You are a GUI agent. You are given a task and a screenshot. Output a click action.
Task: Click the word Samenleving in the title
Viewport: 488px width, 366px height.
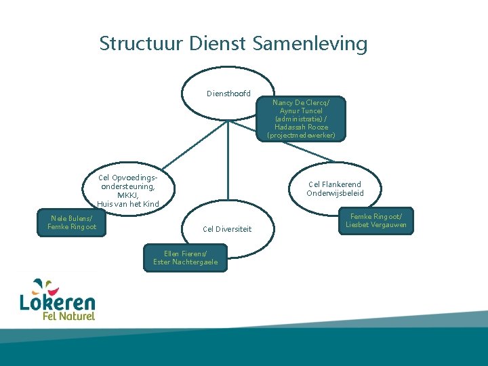coord(310,44)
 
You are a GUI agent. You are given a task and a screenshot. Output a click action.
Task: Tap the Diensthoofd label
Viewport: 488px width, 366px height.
coord(228,94)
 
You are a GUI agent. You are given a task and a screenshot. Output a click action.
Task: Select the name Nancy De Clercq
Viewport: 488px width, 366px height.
coord(301,102)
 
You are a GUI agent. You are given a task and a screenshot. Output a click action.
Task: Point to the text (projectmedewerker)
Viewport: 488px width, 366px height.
coord(301,135)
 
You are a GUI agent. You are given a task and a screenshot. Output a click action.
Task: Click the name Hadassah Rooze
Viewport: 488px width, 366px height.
coord(301,127)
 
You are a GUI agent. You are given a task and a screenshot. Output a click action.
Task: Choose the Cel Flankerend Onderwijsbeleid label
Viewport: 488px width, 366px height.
coord(335,188)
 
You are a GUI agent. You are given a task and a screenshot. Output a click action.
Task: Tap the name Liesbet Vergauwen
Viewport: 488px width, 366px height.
coord(376,224)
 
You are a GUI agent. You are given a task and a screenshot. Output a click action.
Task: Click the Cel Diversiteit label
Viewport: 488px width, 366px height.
coord(227,229)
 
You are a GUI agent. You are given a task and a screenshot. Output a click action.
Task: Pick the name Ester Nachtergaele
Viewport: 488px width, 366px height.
coord(186,262)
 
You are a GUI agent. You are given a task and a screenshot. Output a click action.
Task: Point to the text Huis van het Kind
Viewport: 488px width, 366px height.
coord(128,204)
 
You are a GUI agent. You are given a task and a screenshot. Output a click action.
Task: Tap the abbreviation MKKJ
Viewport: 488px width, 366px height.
coord(128,195)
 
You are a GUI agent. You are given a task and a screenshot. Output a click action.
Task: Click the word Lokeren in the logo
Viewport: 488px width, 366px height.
coord(58,302)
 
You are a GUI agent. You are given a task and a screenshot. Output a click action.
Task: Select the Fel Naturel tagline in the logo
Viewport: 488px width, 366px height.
coord(68,316)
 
